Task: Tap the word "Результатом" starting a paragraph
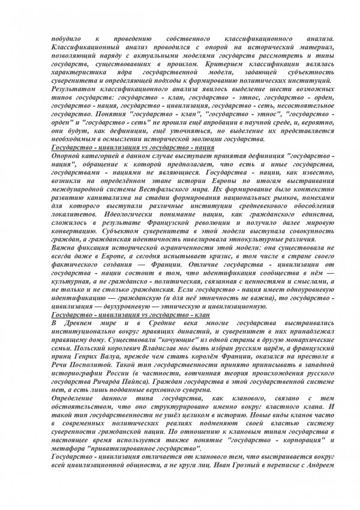pyautogui.click(x=75, y=89)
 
